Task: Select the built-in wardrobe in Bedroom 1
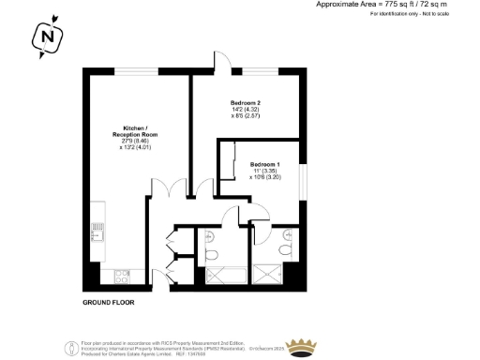(x=227, y=161)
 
